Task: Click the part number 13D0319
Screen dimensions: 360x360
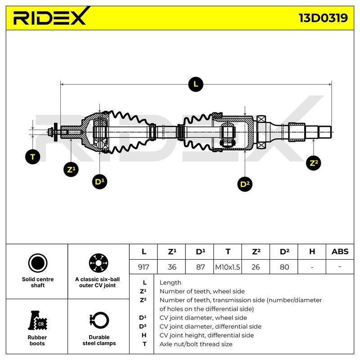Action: coord(323,18)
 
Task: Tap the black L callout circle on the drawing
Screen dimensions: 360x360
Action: coord(196,84)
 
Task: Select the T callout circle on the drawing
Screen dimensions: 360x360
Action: coord(32,157)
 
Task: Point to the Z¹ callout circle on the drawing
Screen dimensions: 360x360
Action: coord(71,170)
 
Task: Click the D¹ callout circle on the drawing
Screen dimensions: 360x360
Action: coord(99,182)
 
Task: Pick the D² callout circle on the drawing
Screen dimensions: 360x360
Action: coord(245,184)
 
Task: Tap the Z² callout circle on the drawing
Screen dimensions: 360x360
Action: coord(314,163)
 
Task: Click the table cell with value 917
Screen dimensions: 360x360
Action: coord(144,267)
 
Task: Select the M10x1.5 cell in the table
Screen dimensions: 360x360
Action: coord(228,267)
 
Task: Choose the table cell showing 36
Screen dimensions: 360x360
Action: coord(171,267)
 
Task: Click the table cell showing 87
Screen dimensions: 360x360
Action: coord(199,267)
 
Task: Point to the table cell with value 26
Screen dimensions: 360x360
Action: coord(256,267)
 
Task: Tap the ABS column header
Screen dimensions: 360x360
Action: coord(340,252)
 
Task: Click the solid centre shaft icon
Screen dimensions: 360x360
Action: coord(38,263)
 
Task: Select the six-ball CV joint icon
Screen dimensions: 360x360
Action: coord(99,263)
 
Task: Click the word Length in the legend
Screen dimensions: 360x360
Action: coord(171,283)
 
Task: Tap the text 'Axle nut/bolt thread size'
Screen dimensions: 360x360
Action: coord(196,344)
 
